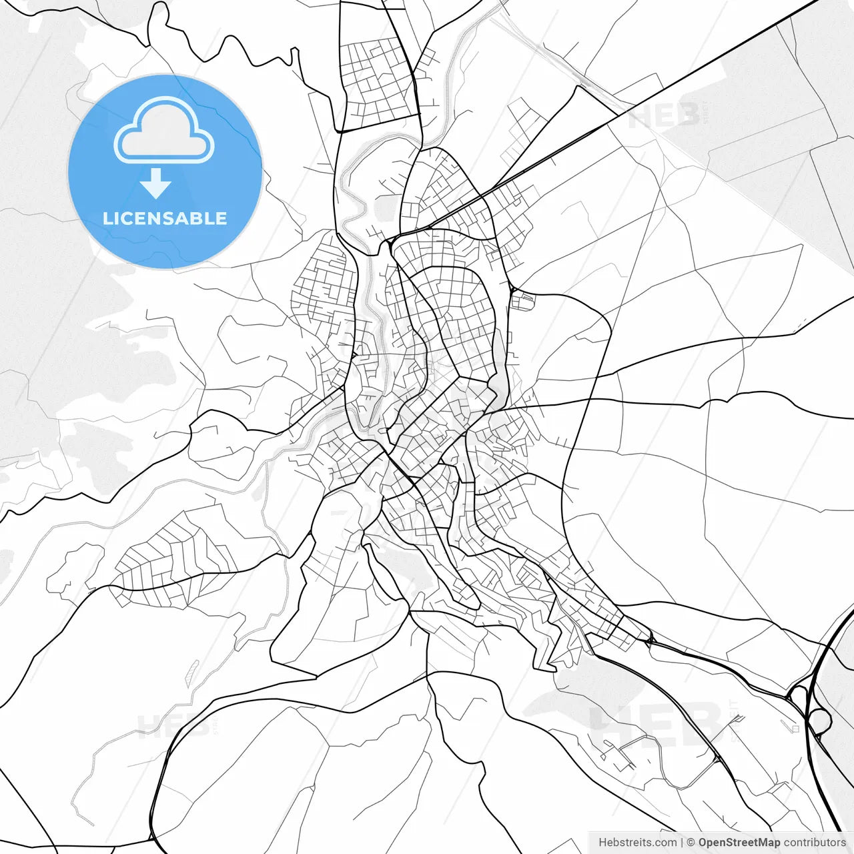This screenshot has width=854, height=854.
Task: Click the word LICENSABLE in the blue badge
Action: pos(165,219)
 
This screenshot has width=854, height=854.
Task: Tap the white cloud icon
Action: pos(164,131)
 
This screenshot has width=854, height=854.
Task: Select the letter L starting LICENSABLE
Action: pos(107,219)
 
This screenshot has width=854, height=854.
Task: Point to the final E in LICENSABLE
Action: pos(221,219)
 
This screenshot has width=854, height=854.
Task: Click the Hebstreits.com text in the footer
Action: pos(637,843)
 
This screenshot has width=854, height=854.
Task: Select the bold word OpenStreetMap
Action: pos(739,843)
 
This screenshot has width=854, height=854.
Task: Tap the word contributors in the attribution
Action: pos(814,843)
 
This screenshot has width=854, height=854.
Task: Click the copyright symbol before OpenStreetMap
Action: pos(691,843)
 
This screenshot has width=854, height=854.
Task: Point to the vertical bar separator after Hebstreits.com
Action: pos(682,843)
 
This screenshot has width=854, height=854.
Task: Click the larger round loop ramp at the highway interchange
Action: pos(820,721)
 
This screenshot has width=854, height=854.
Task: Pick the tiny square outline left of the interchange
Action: pos(795,729)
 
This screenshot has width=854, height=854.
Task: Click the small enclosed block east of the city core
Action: pos(523,301)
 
